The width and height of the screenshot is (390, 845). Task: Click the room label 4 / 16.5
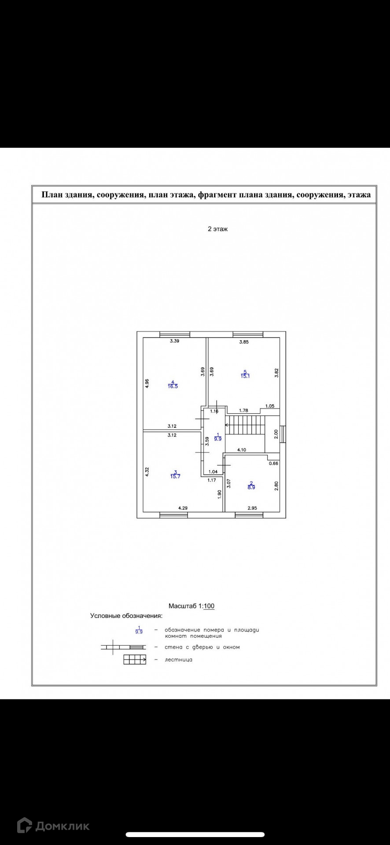[x=173, y=384]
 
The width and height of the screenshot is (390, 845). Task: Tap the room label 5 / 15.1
[x=245, y=374]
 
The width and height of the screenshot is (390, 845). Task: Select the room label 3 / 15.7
[x=175, y=474]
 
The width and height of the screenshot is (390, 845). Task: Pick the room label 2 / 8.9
[x=251, y=485]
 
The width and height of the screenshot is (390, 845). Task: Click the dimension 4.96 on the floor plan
[x=147, y=383]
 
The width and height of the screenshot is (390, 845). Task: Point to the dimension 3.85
[x=244, y=342]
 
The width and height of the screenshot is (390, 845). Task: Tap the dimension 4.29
[x=183, y=508]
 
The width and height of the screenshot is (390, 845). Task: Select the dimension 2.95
[x=252, y=508]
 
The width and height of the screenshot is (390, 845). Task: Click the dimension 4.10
[x=242, y=450]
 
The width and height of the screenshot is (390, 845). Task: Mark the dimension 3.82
[x=276, y=373]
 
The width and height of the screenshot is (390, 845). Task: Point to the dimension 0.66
[x=273, y=463]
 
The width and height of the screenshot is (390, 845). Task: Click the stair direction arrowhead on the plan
[x=227, y=425]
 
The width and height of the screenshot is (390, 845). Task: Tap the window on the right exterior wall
[x=283, y=434]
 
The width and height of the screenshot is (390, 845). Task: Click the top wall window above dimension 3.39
[x=175, y=334]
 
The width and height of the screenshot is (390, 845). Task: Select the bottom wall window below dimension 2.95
[x=249, y=515]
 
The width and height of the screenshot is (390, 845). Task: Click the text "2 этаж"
[x=217, y=229]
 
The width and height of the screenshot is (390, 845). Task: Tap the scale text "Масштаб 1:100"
[x=191, y=606]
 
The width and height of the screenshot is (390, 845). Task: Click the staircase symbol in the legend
[x=135, y=660]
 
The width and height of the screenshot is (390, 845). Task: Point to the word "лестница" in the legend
[x=179, y=660]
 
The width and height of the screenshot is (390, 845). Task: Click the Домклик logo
[x=53, y=826]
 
